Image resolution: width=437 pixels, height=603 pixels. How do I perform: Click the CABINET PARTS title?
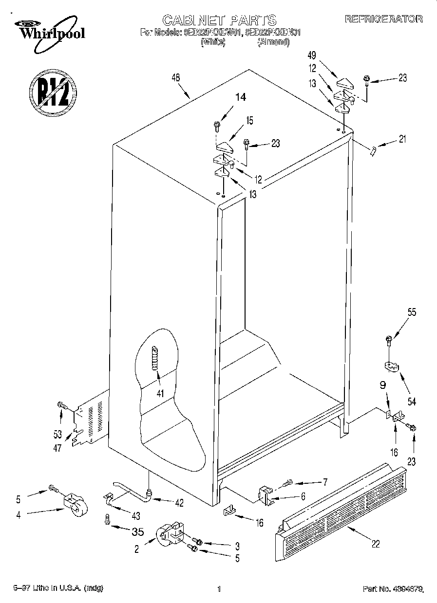click(x=219, y=20)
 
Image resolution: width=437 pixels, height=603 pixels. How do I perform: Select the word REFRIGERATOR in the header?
click(x=383, y=19)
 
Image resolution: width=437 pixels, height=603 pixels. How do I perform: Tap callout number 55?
click(x=412, y=313)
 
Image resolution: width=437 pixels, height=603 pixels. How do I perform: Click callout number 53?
click(x=57, y=434)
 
